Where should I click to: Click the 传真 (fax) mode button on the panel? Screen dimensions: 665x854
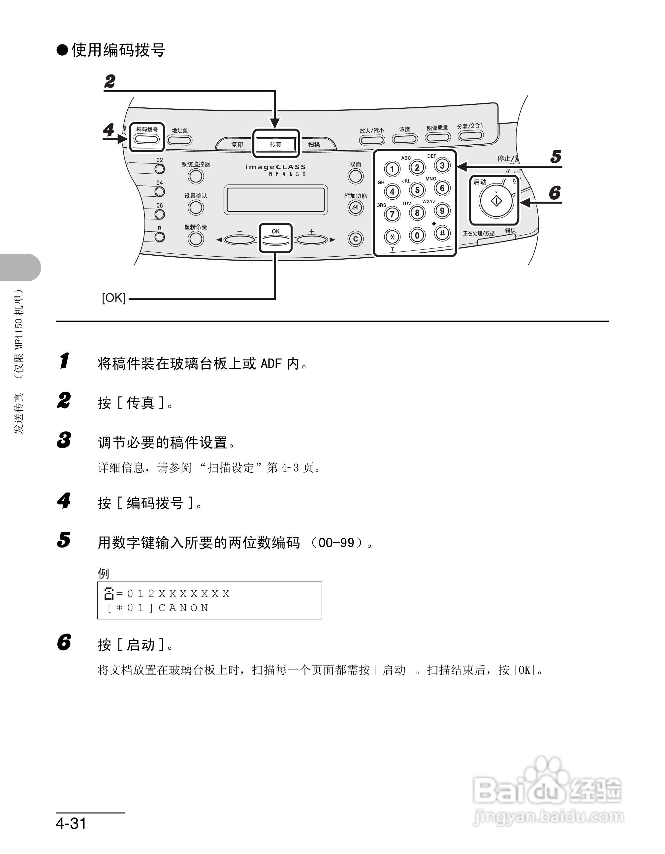coord(275,144)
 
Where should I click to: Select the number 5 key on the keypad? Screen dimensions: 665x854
coord(417,190)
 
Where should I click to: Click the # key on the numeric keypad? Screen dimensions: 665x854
coord(442,234)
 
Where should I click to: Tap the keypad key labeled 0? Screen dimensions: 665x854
coord(417,235)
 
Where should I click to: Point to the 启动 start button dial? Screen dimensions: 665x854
coord(496,201)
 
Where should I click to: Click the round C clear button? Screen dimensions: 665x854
coord(355,239)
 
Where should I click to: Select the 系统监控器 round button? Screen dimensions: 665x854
coord(196,176)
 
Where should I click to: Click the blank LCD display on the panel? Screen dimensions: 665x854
coord(275,200)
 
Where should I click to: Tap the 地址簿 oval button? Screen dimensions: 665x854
coord(180,140)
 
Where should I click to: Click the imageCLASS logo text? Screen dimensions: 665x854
coord(275,167)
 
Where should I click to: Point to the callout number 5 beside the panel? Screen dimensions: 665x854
coord(555,157)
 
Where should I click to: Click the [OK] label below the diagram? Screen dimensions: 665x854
coord(113,298)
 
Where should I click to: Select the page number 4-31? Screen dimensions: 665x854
coord(71,823)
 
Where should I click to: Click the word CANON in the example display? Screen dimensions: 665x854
coord(184,608)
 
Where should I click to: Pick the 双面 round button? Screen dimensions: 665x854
coord(355,176)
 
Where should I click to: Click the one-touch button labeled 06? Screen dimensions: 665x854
coord(160,214)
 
